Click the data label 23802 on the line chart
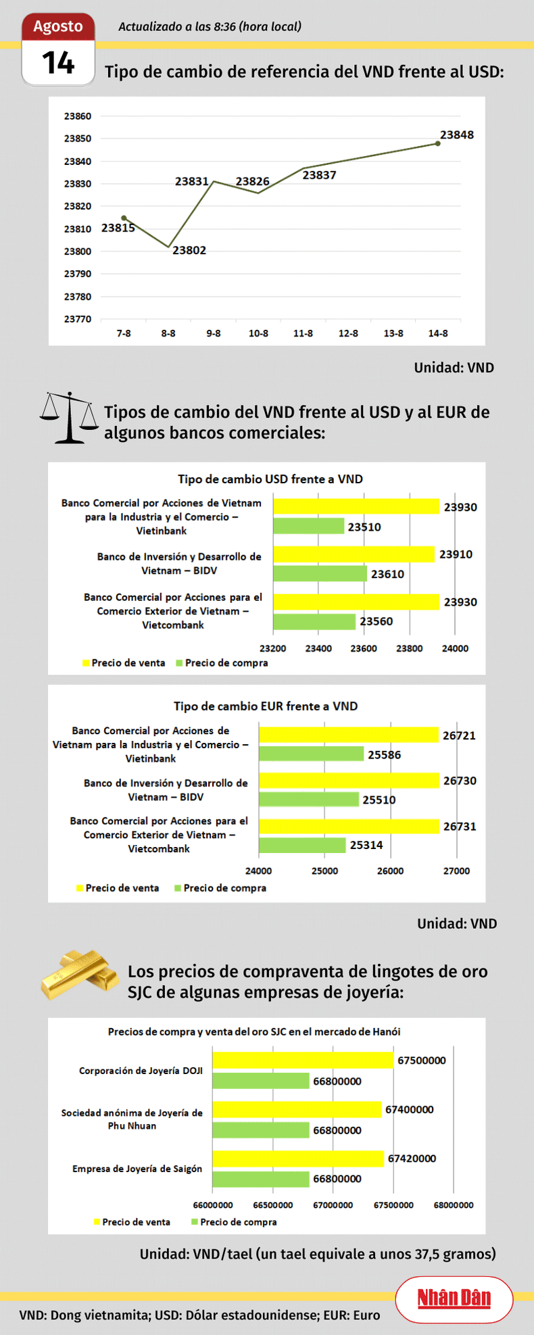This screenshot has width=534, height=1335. (x=189, y=250)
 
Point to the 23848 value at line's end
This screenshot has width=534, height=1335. (x=457, y=135)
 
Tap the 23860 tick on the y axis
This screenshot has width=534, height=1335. (x=78, y=116)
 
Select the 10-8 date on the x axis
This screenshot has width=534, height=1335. (x=258, y=333)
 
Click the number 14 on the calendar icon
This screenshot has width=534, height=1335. (x=58, y=64)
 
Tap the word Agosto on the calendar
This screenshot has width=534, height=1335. (x=58, y=26)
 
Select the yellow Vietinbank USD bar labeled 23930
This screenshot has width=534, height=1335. (x=356, y=506)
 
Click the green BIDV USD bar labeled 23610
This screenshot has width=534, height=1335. (x=320, y=574)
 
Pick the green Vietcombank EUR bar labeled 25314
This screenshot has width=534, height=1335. (x=302, y=845)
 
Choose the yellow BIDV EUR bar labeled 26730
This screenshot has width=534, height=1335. (x=349, y=781)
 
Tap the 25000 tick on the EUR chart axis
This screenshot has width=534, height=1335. (x=324, y=871)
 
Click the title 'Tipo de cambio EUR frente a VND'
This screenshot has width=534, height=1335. (x=266, y=706)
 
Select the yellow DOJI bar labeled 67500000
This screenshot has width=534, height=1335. (x=303, y=1060)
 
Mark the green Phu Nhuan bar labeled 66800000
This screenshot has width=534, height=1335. (x=261, y=1130)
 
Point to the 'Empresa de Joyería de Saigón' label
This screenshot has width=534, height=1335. (x=137, y=1168)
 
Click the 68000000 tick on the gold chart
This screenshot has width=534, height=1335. (x=454, y=1205)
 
